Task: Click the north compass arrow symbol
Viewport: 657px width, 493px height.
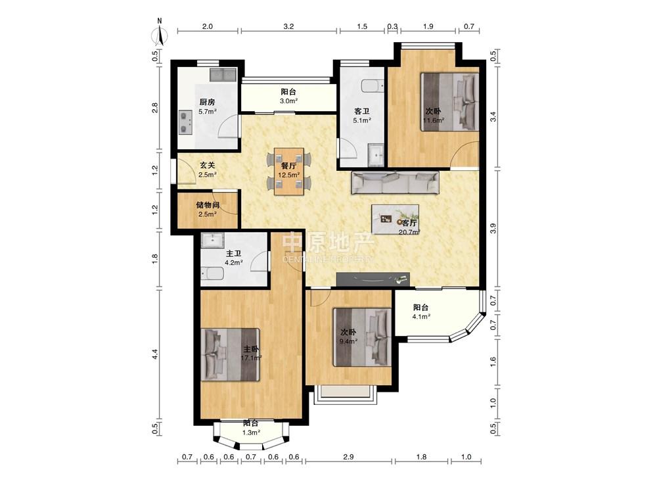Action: coord(160,33)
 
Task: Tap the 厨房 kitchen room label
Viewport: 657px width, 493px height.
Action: coord(207,102)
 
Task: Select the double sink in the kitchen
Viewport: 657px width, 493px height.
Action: coord(223,75)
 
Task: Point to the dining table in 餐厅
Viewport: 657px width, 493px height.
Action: coord(289,171)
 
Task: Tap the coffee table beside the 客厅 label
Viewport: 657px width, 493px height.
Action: coord(395,219)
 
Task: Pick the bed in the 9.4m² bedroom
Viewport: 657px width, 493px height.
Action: coord(363,337)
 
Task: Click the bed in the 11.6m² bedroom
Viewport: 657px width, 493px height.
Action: coord(449,103)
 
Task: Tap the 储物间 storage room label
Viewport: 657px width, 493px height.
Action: coord(208,205)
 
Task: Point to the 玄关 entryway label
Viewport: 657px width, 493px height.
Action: coord(207,166)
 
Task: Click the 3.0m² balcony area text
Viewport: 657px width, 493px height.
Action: coord(288,101)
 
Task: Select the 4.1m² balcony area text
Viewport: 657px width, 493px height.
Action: coord(421,317)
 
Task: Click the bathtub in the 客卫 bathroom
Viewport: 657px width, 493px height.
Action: coord(373,86)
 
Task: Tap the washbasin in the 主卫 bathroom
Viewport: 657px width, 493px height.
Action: coord(214,240)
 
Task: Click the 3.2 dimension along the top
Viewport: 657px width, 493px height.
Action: coord(288,26)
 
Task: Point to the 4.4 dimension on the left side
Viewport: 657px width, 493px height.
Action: coord(154,354)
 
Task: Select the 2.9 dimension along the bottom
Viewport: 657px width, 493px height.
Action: coord(348,457)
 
